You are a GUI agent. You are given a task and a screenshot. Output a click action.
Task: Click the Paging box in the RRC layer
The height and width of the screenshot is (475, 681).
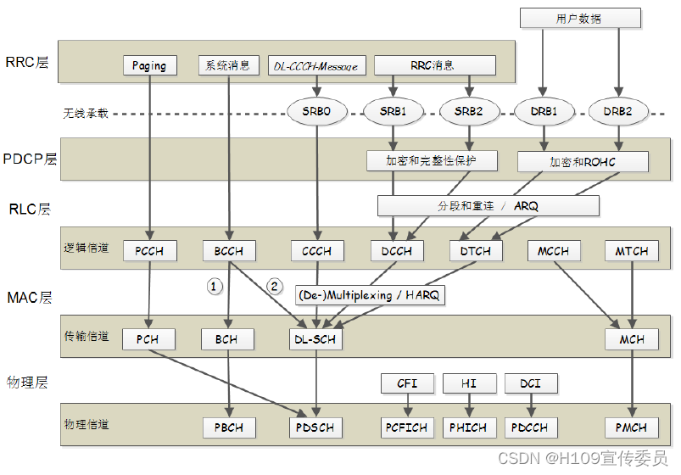pos(149,65)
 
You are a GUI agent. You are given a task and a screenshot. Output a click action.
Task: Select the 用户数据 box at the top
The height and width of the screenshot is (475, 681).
pos(578,18)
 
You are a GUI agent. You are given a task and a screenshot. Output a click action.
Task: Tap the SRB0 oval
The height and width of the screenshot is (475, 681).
pos(316,111)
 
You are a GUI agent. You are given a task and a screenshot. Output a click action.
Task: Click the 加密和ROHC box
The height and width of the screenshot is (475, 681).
pos(583,161)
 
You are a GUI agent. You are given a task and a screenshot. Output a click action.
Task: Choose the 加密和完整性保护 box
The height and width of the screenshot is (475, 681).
pos(432,159)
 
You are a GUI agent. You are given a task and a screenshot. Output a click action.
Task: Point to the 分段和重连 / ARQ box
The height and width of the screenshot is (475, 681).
pos(488,205)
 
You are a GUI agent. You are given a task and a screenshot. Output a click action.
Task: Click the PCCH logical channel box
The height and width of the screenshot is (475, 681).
pos(149,251)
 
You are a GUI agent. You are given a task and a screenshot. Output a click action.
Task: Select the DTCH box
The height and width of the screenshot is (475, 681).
pos(476,251)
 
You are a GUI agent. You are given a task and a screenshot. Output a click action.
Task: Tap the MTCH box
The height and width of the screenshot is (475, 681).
pos(631,251)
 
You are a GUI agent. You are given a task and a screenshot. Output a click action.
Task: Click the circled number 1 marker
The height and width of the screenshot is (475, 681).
pos(215,287)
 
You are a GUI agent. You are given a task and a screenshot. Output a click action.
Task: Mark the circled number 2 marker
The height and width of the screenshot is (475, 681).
pos(274,286)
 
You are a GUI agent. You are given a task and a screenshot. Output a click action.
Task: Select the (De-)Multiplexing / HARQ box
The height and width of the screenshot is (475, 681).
pos(370,295)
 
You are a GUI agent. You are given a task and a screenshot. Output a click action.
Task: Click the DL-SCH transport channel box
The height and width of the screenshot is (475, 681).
pos(315,339)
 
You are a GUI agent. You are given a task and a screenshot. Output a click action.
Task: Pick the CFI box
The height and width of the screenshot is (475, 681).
pos(407,383)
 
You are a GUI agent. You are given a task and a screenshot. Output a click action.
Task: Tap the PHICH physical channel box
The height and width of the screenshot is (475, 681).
pos(469,427)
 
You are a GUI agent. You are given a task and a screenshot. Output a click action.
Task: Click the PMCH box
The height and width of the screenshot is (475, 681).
pos(631,427)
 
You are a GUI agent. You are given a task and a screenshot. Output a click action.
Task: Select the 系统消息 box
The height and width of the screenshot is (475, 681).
pos(228,64)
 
